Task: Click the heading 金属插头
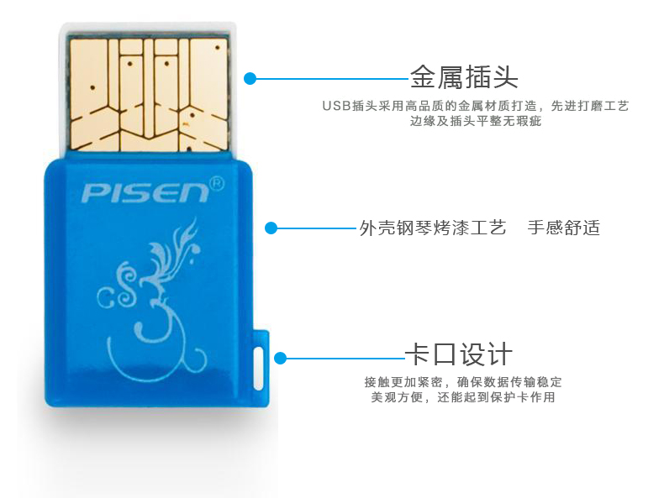click(x=464, y=77)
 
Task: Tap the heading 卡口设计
click(x=458, y=354)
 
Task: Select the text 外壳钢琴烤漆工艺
click(x=432, y=228)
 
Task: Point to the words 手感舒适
click(x=563, y=228)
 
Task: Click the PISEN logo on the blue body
click(x=144, y=192)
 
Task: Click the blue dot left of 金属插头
click(x=250, y=79)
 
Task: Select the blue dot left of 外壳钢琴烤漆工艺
click(x=271, y=228)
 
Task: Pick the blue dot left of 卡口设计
click(x=281, y=358)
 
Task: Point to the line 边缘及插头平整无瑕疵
click(x=475, y=122)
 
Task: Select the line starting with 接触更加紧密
click(x=462, y=381)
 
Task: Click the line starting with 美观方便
click(x=462, y=397)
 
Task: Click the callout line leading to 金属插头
click(x=332, y=79)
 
